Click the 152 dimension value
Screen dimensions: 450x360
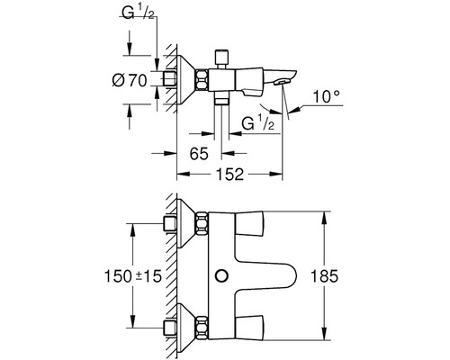click(x=229, y=175)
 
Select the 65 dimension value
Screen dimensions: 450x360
click(x=199, y=154)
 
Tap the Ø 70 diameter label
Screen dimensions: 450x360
click(x=130, y=80)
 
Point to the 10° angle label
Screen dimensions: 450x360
click(x=327, y=97)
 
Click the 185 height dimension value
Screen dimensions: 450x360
click(x=324, y=276)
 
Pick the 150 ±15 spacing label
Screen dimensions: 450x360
click(x=133, y=276)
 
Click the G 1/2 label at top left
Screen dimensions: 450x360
click(x=139, y=13)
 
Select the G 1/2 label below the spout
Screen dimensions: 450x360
click(x=258, y=123)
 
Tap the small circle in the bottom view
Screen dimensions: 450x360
click(x=222, y=275)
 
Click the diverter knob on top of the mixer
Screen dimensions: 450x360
click(x=222, y=56)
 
